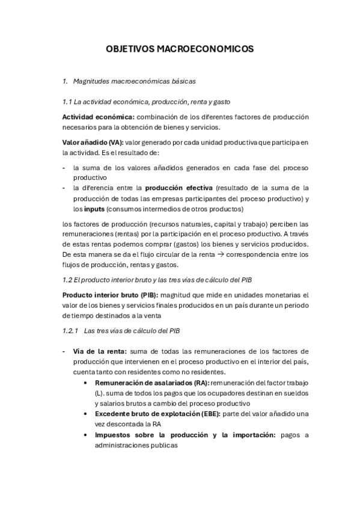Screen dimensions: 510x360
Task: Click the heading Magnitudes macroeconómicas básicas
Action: click(134, 80)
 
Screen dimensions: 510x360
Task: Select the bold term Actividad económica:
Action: click(99, 116)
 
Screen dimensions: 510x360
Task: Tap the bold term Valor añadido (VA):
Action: click(93, 142)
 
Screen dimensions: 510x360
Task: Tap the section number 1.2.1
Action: click(72, 331)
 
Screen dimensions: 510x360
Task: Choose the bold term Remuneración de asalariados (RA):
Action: click(152, 382)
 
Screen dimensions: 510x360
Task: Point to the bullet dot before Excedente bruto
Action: click(88, 414)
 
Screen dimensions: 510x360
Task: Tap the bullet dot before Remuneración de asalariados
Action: click(88, 382)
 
